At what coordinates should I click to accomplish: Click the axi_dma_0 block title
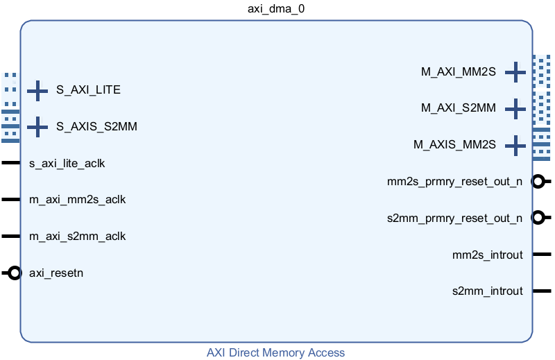click(276, 8)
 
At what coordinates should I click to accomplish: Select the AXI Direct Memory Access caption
click(275, 352)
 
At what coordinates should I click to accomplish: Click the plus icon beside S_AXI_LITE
click(37, 91)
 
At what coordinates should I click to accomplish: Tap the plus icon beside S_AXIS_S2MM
click(37, 127)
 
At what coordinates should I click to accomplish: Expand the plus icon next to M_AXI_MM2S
click(515, 72)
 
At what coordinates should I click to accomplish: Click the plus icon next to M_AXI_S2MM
click(515, 109)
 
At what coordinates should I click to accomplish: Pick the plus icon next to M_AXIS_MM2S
click(515, 146)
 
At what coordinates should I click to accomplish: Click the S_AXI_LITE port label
click(89, 90)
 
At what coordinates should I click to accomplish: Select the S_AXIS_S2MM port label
click(96, 126)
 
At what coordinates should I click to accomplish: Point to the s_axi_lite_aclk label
click(67, 164)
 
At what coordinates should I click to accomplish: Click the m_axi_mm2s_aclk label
click(77, 200)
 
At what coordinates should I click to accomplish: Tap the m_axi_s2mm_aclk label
click(77, 237)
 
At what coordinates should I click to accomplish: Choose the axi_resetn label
click(56, 273)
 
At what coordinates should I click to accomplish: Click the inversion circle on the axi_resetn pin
click(14, 273)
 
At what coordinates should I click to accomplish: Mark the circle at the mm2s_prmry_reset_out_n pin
click(538, 182)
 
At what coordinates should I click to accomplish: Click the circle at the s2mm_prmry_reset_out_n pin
click(538, 218)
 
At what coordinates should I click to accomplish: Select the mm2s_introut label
click(488, 255)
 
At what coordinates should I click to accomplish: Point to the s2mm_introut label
click(488, 291)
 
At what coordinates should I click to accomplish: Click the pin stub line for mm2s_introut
click(542, 254)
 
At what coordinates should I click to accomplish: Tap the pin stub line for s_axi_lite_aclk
click(10, 163)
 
